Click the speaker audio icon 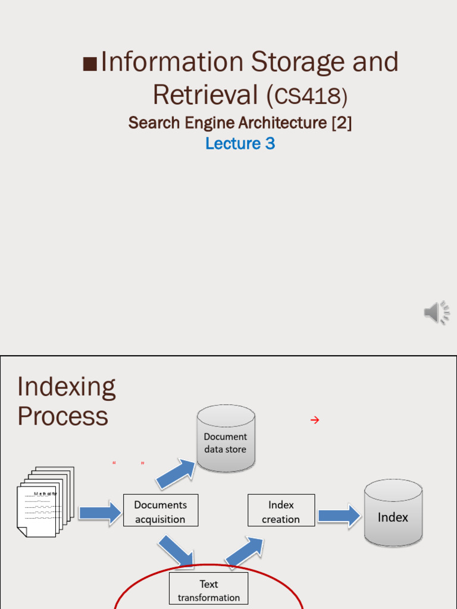(x=437, y=312)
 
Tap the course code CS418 (x=307, y=95)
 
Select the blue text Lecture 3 (x=240, y=143)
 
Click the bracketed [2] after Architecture (x=342, y=123)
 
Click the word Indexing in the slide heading (x=66, y=387)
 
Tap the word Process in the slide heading (x=62, y=416)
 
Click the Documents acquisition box (x=160, y=511)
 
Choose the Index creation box (x=281, y=511)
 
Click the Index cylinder (x=393, y=514)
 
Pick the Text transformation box (x=208, y=590)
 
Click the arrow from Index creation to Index (x=339, y=515)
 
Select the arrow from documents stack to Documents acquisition (x=100, y=513)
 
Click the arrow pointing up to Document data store (x=177, y=473)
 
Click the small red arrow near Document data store (x=315, y=420)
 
